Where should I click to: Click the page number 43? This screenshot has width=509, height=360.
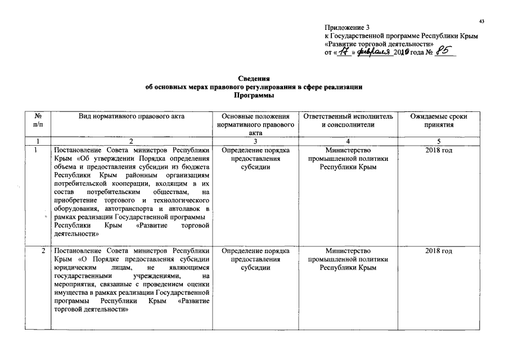(481, 21)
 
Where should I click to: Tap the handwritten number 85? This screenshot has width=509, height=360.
(444, 52)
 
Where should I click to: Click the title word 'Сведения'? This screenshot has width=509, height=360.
(255, 80)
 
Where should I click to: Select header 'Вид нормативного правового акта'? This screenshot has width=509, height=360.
(132, 116)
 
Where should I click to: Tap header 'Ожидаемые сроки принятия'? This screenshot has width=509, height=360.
(439, 120)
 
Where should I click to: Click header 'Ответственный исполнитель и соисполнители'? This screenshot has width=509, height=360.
(347, 120)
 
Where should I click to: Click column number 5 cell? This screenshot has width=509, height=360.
(439, 141)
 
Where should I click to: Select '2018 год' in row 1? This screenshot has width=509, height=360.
(439, 151)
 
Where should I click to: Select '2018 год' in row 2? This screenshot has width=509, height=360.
(439, 251)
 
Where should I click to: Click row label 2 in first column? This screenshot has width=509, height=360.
(43, 251)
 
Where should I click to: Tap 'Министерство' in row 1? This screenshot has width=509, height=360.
(347, 151)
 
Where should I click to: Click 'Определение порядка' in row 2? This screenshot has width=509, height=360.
(255, 251)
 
